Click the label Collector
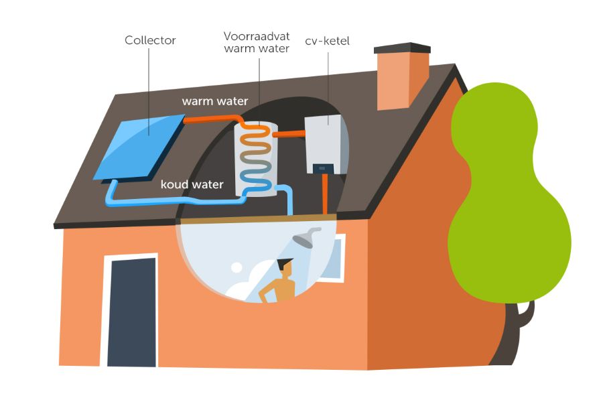(x=150, y=40)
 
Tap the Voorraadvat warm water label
(x=257, y=42)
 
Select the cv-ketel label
(x=328, y=42)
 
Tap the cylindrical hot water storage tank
(x=256, y=159)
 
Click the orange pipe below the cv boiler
(x=326, y=194)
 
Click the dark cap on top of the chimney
(x=402, y=49)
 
